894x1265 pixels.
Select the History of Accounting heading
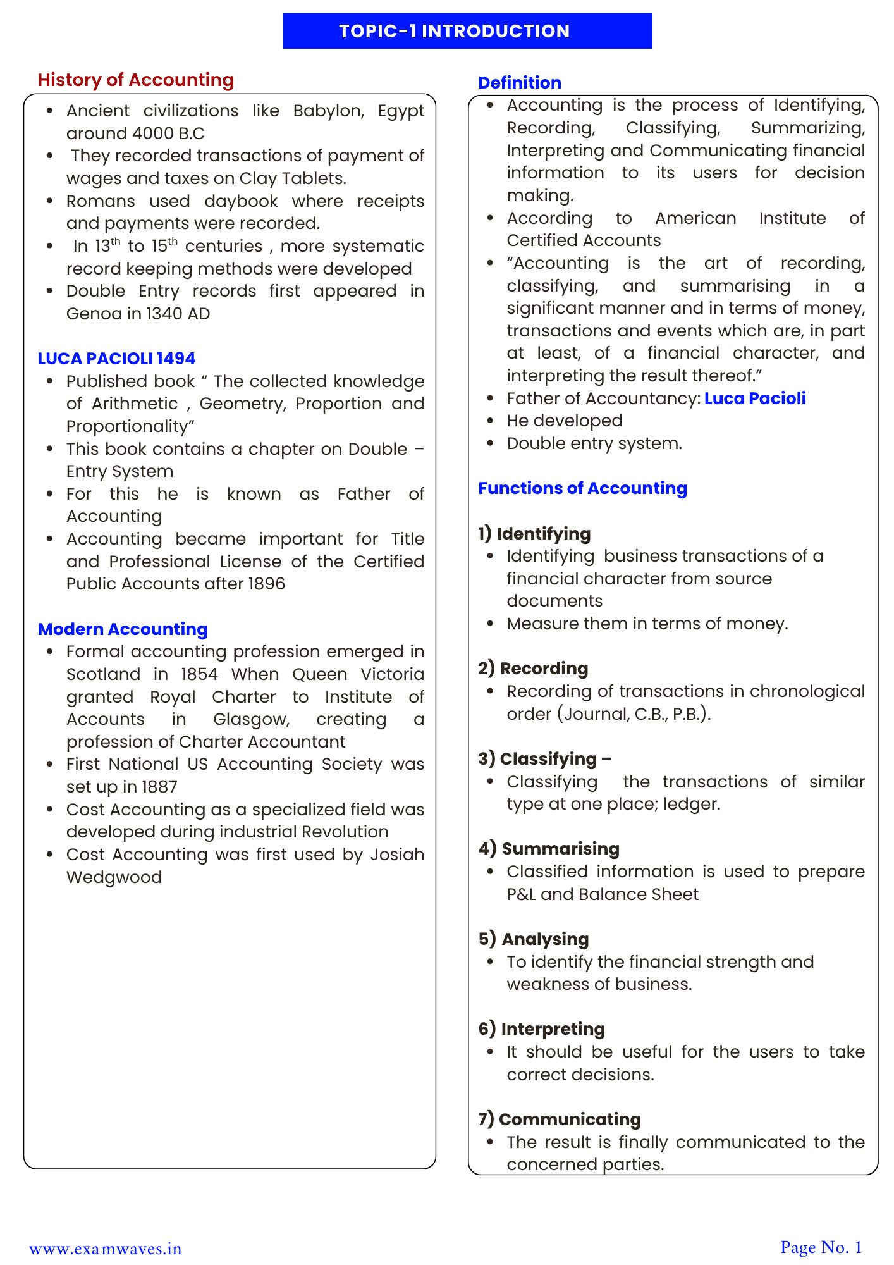pos(135,80)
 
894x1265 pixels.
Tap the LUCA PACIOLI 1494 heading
pos(116,359)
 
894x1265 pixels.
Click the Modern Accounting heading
pos(123,629)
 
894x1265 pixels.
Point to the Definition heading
pos(519,83)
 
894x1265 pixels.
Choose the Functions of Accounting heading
pos(582,488)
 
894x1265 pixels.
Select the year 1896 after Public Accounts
pos(266,584)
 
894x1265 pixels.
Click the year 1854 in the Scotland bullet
pos(199,674)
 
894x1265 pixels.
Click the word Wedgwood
pos(114,877)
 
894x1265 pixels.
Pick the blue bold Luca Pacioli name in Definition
pos(755,398)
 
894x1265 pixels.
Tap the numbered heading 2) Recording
pos(533,669)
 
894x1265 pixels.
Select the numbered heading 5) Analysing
pos(533,939)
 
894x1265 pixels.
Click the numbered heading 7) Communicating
pos(560,1120)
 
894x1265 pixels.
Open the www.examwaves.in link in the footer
pos(106,1249)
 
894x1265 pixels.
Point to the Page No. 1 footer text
pos(821,1247)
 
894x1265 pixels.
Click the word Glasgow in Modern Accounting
pos(251,719)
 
